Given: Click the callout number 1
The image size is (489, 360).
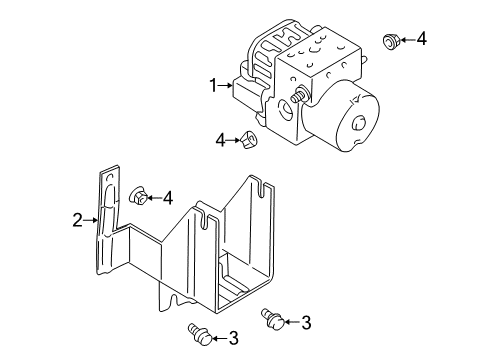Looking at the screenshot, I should (213, 87).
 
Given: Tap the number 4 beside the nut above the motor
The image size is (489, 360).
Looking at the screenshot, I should (421, 40).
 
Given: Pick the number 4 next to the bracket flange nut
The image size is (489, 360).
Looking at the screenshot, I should (167, 197).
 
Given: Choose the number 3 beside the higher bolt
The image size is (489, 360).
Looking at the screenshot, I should (306, 322).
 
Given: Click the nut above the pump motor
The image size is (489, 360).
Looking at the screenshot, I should (391, 41).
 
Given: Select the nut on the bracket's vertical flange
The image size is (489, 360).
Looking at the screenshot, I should (138, 197).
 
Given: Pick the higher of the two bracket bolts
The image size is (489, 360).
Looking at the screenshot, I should (271, 318).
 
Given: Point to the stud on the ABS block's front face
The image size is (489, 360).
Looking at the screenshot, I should (299, 96).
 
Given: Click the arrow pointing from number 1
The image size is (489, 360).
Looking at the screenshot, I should (226, 87).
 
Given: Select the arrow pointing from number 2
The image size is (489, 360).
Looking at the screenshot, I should (89, 219).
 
